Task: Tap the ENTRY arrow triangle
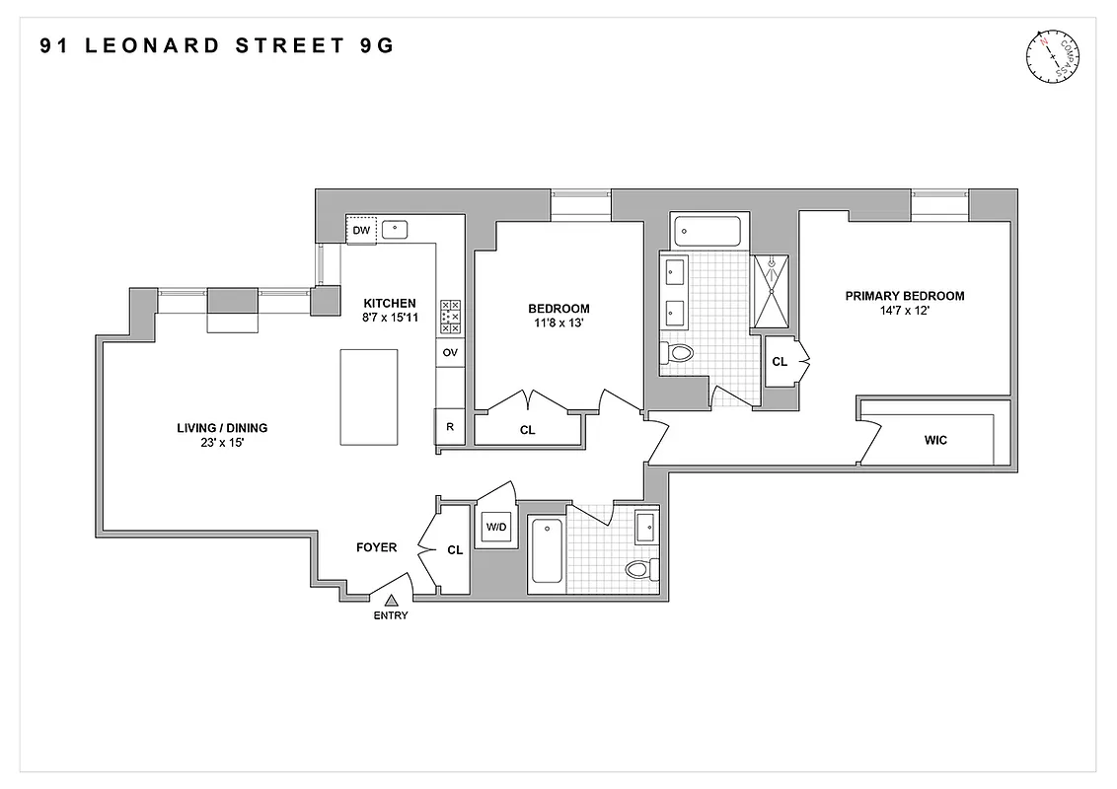click(x=392, y=599)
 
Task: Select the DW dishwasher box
click(x=362, y=230)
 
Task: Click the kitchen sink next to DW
click(x=396, y=229)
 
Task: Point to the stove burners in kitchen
click(x=450, y=317)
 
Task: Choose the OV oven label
click(x=450, y=352)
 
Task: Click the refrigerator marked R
click(x=450, y=426)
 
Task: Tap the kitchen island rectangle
click(x=367, y=397)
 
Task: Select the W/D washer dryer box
click(x=494, y=528)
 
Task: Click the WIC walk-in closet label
click(x=935, y=440)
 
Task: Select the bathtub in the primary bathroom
click(x=707, y=233)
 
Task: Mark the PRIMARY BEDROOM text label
click(x=905, y=296)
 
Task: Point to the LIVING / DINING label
click(x=222, y=428)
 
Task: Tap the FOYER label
click(x=376, y=547)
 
